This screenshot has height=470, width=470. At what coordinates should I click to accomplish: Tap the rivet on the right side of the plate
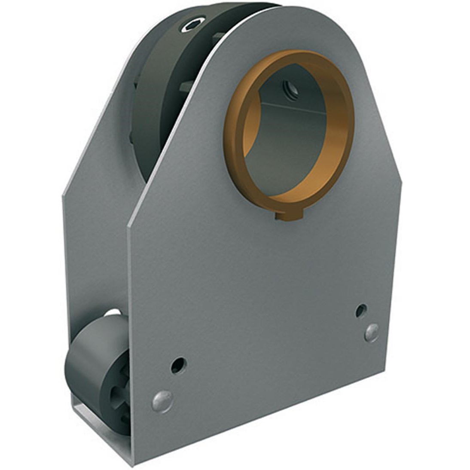pos(372,332)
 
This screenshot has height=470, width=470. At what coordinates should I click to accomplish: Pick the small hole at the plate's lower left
pos(177,365)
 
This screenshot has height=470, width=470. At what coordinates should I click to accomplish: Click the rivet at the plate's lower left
pos(162,401)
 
